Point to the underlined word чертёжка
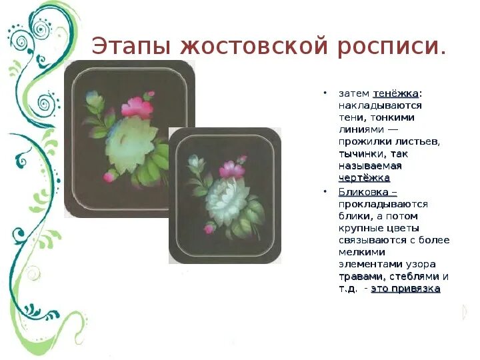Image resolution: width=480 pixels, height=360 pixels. [x=364, y=177]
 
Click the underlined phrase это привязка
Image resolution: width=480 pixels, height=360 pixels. [x=405, y=289]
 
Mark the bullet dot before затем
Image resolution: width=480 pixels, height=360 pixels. [x=325, y=93]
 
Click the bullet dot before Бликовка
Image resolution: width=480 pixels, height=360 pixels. [x=325, y=192]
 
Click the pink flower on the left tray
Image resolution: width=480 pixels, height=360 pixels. [x=137, y=107]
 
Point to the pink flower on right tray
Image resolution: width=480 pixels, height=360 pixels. [x=231, y=169]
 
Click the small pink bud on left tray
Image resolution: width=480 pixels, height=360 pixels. [x=108, y=177]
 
